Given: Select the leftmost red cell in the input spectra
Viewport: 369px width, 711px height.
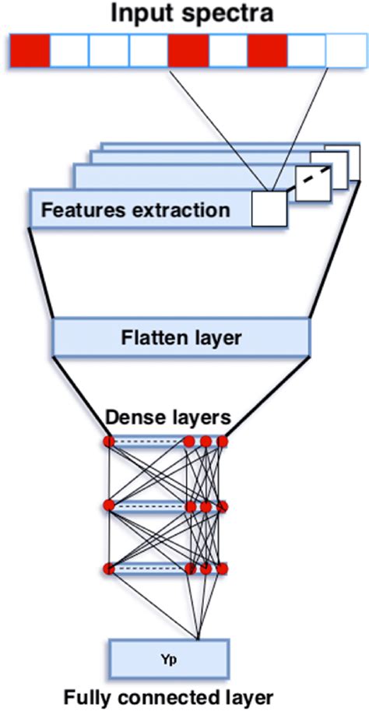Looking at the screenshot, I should click(30, 51).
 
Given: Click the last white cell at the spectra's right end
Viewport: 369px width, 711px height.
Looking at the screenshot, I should click(345, 51).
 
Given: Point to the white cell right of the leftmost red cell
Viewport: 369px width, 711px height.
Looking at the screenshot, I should click(69, 51).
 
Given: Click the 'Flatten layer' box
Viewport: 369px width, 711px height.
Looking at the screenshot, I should click(181, 337).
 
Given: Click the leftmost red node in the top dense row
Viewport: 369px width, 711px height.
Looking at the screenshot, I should click(109, 442).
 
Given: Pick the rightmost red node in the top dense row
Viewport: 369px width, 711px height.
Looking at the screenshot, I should click(223, 442).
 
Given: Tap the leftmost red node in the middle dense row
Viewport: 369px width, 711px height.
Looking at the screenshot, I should click(109, 506).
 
